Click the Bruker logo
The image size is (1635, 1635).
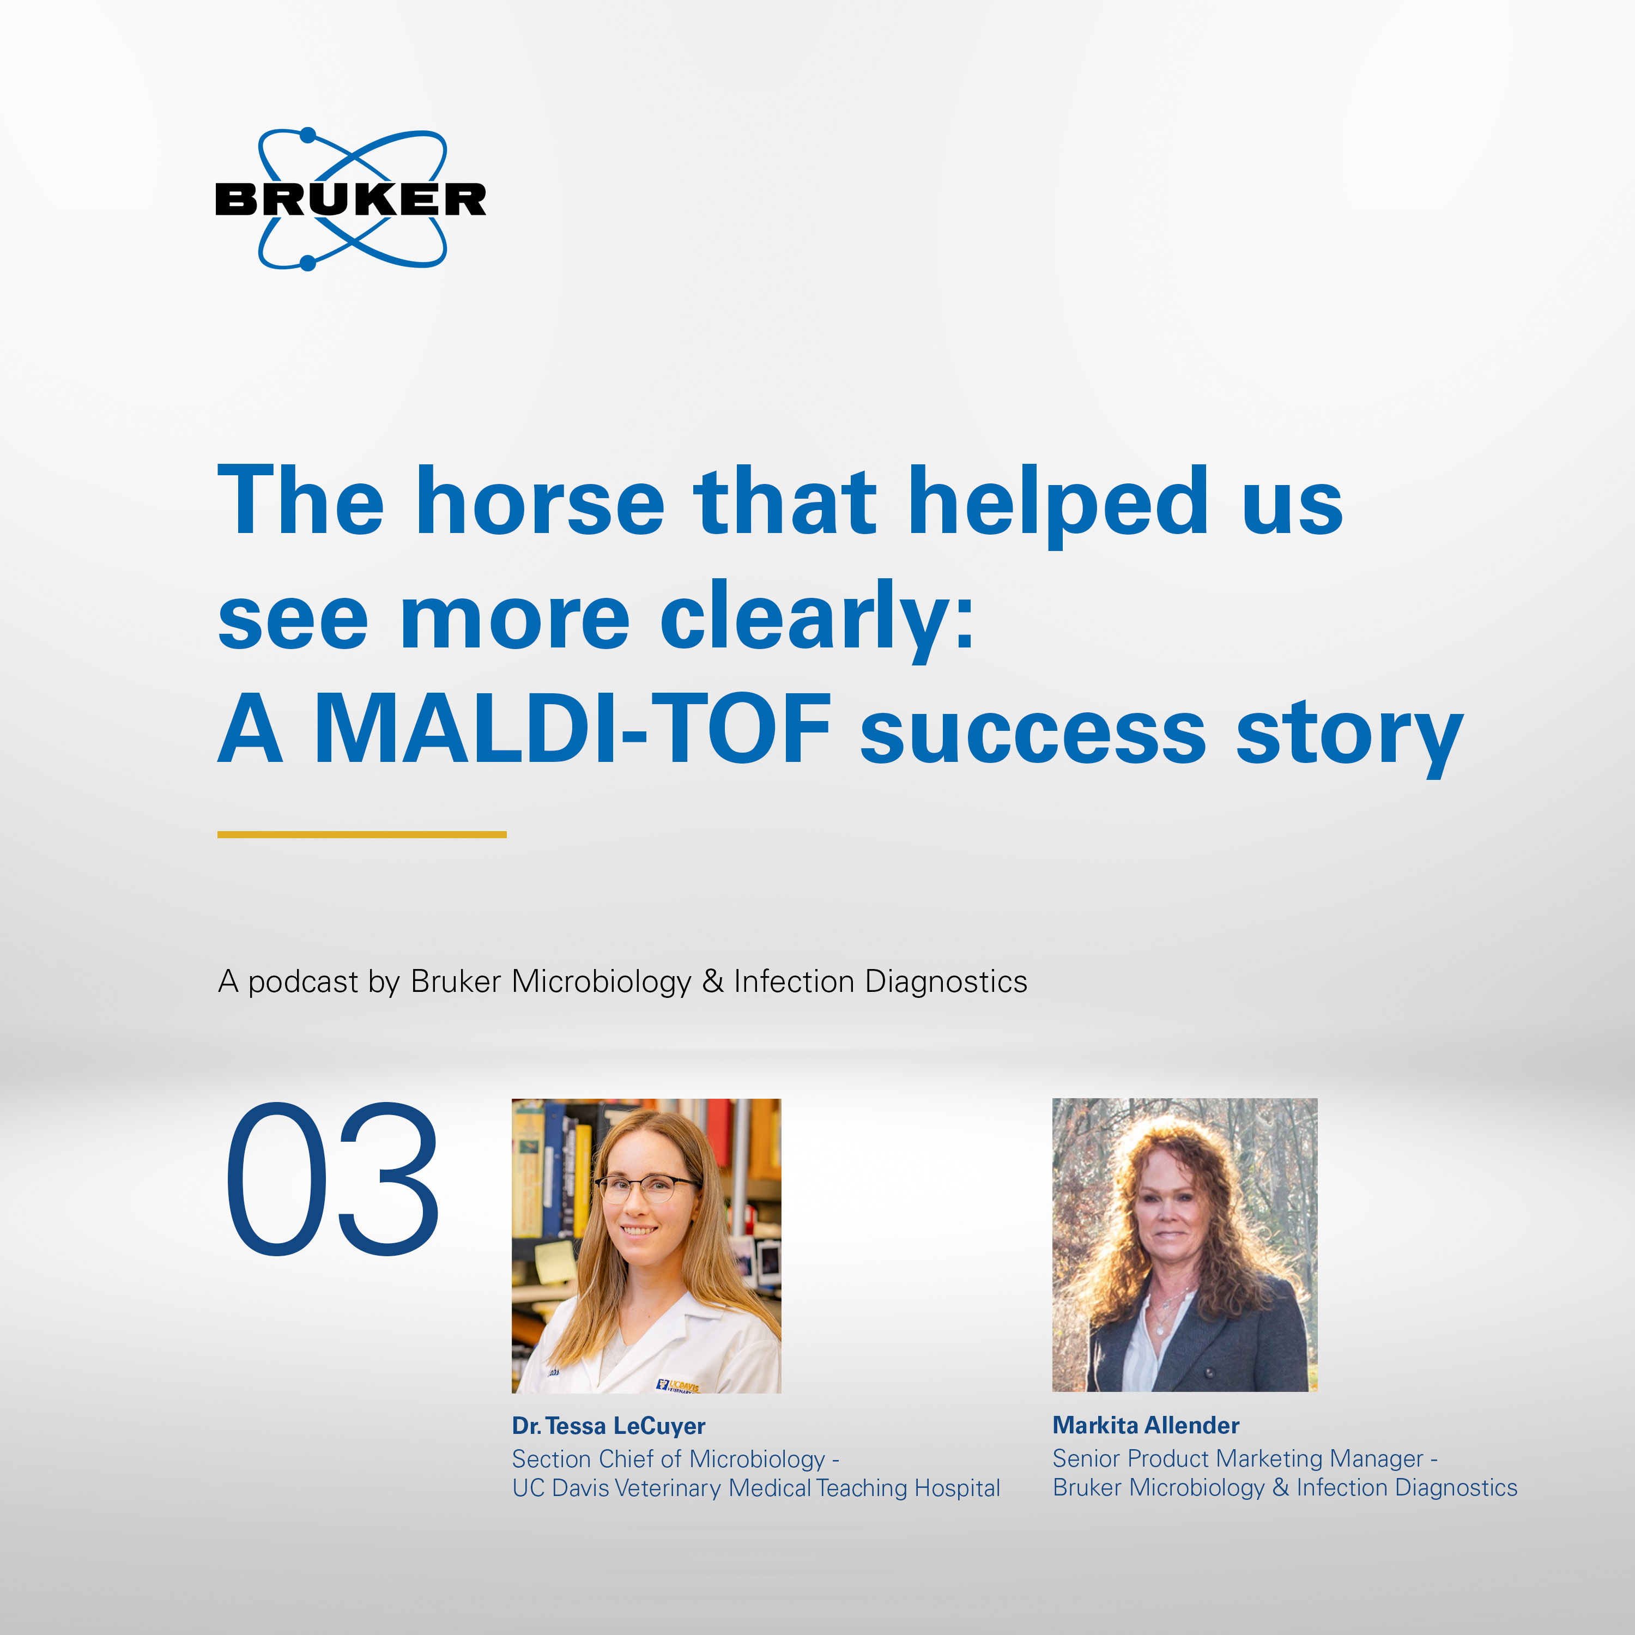click(x=350, y=199)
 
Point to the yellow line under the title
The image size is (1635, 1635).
click(x=362, y=834)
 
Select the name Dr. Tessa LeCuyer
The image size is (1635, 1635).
click(x=608, y=1426)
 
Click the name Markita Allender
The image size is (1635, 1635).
click(x=1146, y=1425)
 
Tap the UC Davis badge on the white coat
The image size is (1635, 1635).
click(x=678, y=1386)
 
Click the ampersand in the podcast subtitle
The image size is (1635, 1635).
click(x=713, y=981)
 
